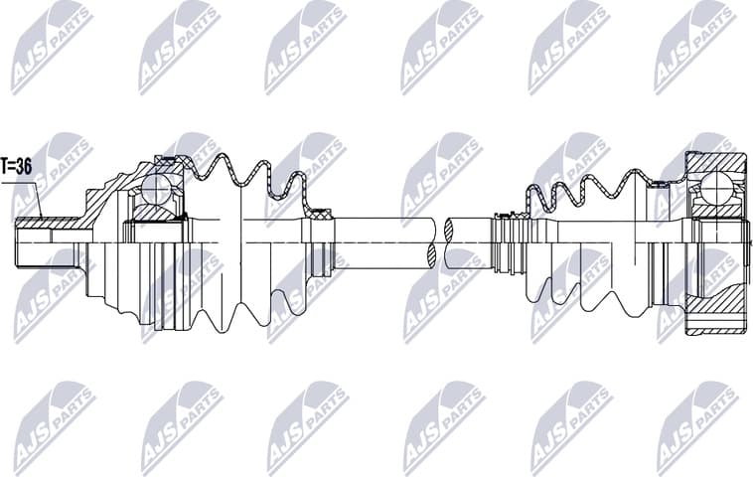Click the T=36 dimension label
coord(17,167)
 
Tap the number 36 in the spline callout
coord(24,167)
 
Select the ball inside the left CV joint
coord(157,188)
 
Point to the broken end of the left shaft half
coord(433,242)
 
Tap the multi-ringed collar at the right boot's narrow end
coord(508,243)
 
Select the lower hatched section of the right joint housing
coord(717,323)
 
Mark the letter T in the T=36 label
coord(6,167)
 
